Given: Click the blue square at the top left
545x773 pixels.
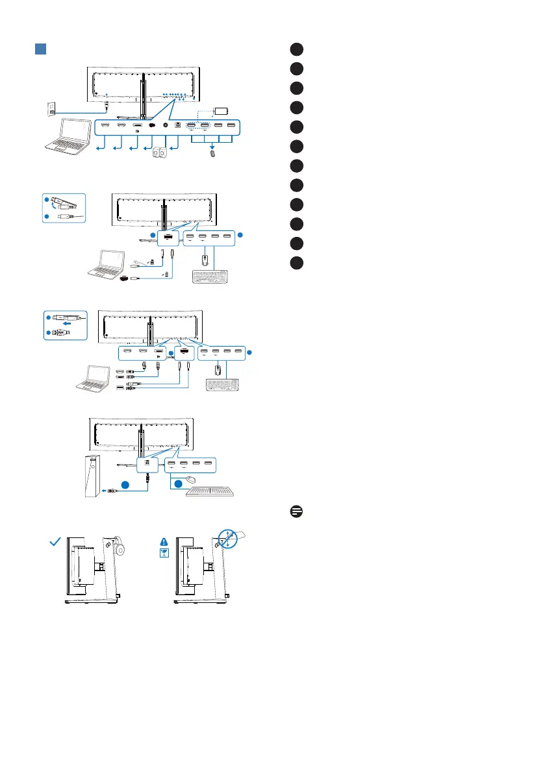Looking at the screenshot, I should [x=40, y=49].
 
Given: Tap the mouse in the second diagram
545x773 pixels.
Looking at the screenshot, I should [x=205, y=260].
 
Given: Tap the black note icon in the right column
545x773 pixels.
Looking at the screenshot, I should [x=296, y=511].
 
